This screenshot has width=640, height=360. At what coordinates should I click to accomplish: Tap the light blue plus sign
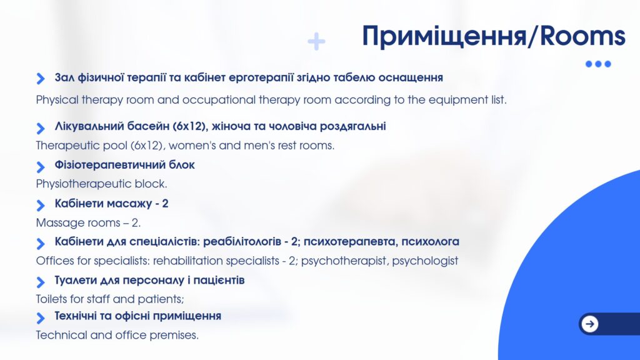(x=316, y=41)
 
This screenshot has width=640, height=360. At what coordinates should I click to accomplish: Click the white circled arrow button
(x=589, y=324)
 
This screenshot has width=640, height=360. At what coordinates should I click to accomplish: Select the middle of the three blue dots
(x=598, y=64)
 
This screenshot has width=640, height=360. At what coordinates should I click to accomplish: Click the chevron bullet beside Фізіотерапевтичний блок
(x=41, y=166)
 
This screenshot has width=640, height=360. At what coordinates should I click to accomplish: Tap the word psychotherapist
(x=344, y=261)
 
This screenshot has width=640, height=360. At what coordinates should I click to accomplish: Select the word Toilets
(x=51, y=299)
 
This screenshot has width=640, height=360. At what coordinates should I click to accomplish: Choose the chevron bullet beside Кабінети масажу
(x=41, y=205)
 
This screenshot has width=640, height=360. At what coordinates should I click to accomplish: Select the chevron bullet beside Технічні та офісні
(x=41, y=317)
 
